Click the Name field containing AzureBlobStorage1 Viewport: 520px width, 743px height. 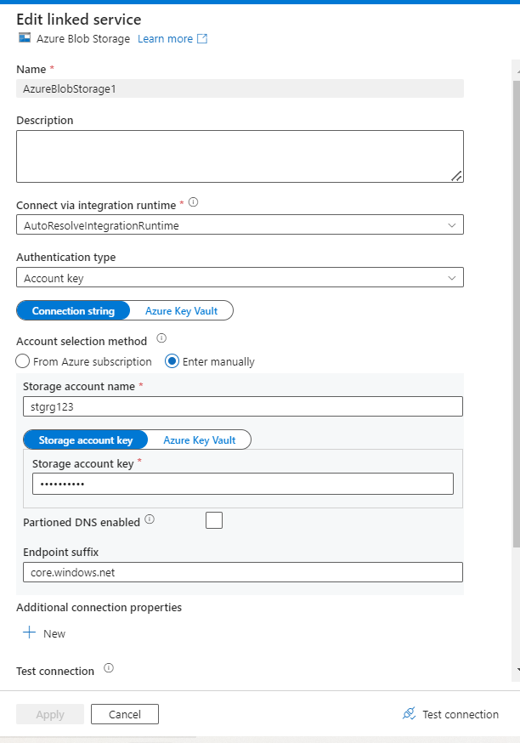[x=240, y=88]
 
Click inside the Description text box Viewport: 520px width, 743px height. [x=240, y=156]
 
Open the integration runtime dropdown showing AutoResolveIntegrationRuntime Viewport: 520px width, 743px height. [x=240, y=225]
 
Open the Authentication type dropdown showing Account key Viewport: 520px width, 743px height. [x=240, y=278]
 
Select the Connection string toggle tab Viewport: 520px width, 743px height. [x=73, y=311]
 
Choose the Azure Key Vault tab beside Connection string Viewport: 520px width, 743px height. [x=181, y=311]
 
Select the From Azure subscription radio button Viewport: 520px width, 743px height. [x=24, y=361]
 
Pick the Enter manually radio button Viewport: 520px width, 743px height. [x=172, y=361]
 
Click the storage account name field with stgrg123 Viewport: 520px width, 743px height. [x=242, y=406]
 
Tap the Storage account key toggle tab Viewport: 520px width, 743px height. [x=85, y=440]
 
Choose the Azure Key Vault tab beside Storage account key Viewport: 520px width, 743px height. [x=199, y=440]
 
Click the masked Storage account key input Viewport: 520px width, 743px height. [x=242, y=484]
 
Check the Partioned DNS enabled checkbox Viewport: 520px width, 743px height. [x=214, y=520]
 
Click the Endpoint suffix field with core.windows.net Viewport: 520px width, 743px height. [x=242, y=572]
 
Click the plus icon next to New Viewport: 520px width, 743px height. [x=30, y=633]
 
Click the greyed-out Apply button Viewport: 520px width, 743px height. [x=50, y=715]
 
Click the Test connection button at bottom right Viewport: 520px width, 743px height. [x=451, y=714]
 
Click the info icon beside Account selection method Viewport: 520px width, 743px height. [x=161, y=338]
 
